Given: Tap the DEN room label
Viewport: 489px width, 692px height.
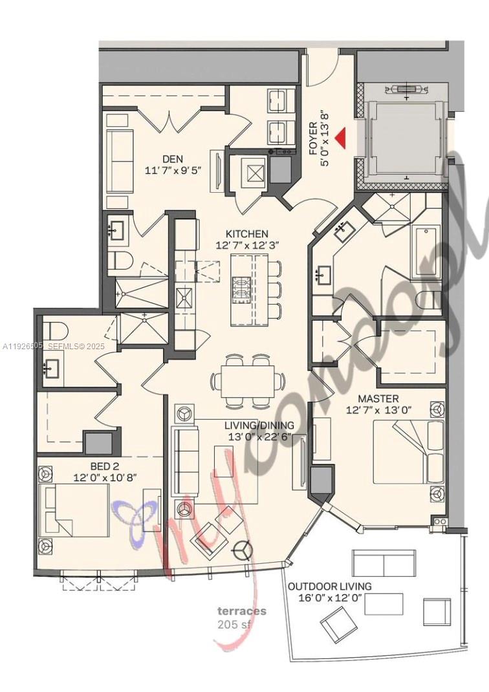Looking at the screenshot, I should pos(172,159).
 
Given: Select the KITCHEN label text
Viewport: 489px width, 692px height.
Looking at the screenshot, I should pos(246,233).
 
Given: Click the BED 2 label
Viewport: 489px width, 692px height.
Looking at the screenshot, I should pos(103,466).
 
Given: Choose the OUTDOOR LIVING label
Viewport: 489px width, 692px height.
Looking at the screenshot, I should pos(330,586).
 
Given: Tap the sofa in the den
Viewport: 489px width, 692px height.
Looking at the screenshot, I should pos(119,158).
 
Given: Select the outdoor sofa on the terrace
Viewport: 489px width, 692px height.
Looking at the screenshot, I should pos(383,563).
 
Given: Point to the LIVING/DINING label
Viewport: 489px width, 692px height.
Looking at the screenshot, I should pos(259,426).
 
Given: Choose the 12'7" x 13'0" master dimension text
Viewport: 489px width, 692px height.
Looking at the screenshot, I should pos(379,410).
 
